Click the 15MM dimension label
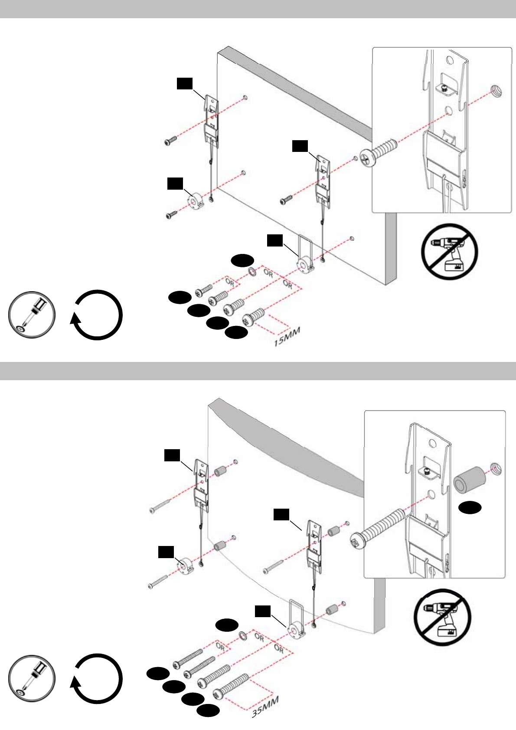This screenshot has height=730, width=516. [x=287, y=337]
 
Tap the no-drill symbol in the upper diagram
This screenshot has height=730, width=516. [x=451, y=252]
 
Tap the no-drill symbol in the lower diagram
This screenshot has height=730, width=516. [x=442, y=618]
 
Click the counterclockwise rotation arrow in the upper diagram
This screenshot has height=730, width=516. [x=96, y=315]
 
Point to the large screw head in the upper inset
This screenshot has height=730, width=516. [x=365, y=158]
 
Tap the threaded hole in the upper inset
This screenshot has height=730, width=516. [x=497, y=91]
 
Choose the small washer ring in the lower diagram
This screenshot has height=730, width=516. [x=242, y=636]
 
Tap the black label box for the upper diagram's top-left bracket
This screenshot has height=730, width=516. [x=184, y=84]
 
